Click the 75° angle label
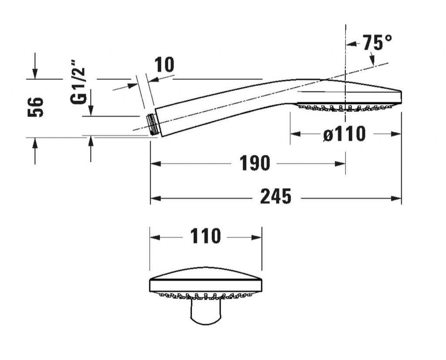[378, 42]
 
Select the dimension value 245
[276, 196]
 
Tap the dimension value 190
[254, 163]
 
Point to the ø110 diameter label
[345, 134]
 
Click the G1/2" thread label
[78, 82]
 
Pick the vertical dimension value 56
[36, 107]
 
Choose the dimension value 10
[164, 64]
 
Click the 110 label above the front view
[206, 236]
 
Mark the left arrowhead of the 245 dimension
[155, 198]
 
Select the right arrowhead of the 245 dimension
[396, 198]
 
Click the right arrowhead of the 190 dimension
[340, 164]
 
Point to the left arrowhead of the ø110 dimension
[295, 134]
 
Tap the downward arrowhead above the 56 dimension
[35, 74]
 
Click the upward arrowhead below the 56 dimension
[35, 143]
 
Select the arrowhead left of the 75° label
[351, 44]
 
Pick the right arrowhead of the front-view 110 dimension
[256, 237]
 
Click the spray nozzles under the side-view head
[346, 108]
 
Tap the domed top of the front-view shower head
[206, 273]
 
